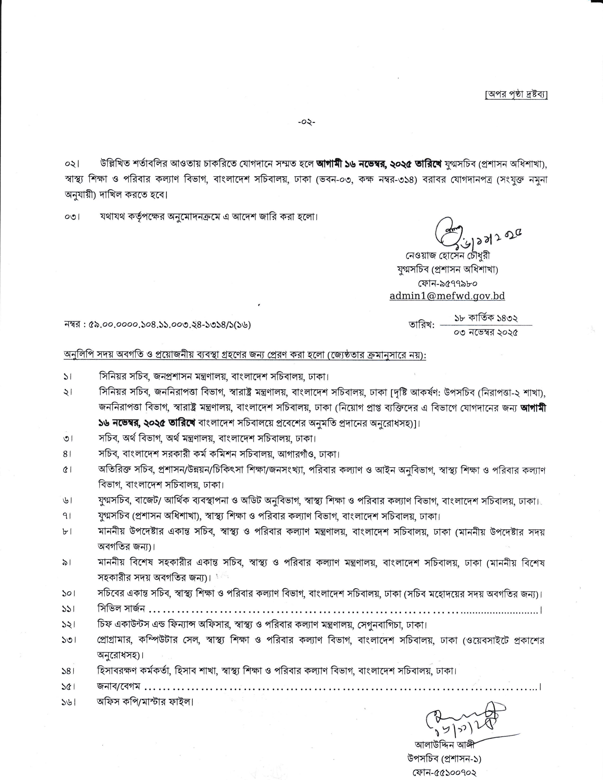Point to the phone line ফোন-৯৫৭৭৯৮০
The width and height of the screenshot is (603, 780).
click(447, 283)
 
